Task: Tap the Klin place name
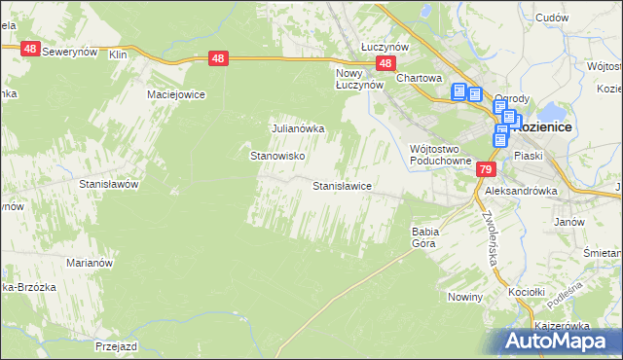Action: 119,54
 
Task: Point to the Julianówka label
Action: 297,127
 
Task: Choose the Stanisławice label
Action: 342,185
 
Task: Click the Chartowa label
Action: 420,79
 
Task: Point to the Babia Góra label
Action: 426,237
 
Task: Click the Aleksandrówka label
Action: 527,192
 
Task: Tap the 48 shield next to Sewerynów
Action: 31,49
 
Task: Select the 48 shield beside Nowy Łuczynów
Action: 386,64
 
